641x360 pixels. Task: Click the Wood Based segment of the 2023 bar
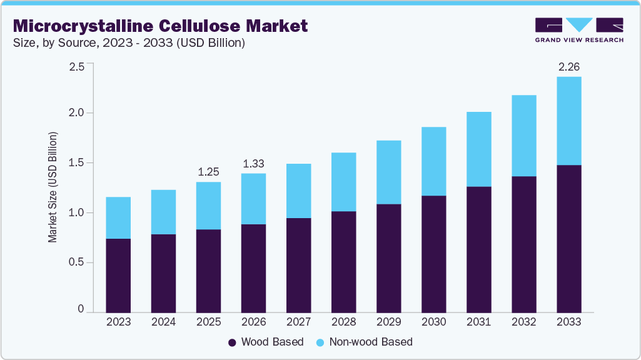(118, 275)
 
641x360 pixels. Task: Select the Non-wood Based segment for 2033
(568, 121)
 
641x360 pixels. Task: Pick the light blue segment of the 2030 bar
(433, 161)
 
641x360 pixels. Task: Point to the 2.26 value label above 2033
(568, 67)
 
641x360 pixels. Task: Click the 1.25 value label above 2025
(208, 172)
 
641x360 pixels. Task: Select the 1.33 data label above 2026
(253, 163)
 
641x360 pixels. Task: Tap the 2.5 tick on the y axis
(76, 67)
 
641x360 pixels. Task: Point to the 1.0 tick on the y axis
(76, 212)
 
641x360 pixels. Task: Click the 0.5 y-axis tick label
(76, 262)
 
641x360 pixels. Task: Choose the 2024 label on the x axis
(163, 322)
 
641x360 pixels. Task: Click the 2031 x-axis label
(478, 322)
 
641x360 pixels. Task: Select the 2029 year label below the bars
(388, 322)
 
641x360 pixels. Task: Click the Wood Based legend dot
(232, 342)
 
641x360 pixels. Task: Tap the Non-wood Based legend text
(371, 342)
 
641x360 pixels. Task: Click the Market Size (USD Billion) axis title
(53, 187)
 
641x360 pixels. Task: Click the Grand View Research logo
(579, 30)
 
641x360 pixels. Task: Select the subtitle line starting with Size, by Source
(128, 43)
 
